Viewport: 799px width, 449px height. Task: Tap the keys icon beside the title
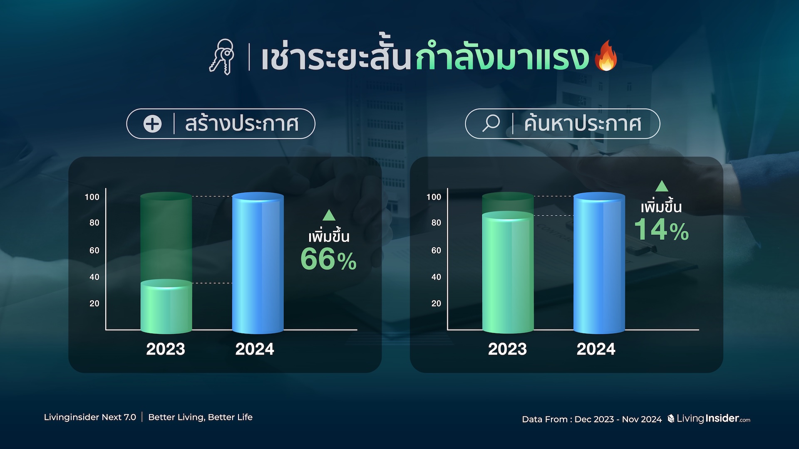[222, 57]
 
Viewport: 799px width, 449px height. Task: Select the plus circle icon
[152, 124]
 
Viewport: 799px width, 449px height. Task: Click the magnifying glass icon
[491, 123]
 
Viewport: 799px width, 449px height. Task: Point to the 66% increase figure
[328, 259]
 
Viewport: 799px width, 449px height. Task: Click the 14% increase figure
[661, 229]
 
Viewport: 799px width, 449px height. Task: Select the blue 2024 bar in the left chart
[258, 263]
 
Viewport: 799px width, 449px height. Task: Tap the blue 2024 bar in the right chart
[599, 263]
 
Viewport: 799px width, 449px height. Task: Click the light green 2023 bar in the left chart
[166, 306]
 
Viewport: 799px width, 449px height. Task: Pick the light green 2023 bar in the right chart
[508, 272]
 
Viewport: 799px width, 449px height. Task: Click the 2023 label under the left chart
[166, 349]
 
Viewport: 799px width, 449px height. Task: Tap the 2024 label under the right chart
[596, 349]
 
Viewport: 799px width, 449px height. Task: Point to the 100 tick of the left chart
[92, 197]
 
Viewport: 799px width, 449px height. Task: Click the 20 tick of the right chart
[436, 303]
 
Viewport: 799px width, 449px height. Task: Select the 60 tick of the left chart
[94, 250]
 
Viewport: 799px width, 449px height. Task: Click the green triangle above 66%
[329, 215]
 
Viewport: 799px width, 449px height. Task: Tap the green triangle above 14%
[662, 186]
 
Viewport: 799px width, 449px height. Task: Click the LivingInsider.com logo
[709, 418]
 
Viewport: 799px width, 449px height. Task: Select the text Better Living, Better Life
[200, 417]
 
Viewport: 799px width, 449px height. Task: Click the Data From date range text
[592, 419]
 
